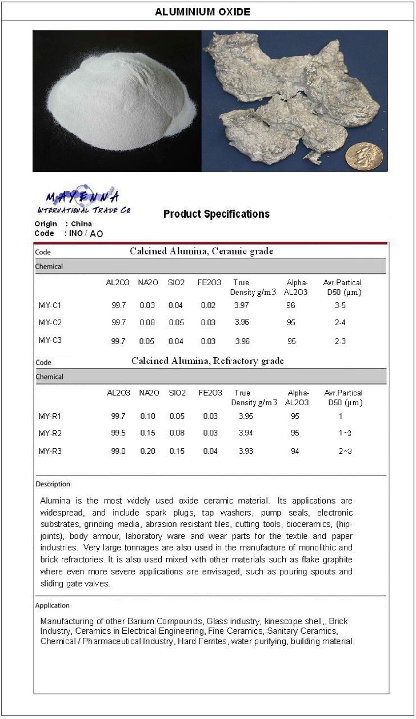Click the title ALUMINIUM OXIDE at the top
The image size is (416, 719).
pos(202,11)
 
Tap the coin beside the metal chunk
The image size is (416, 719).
pos(364,155)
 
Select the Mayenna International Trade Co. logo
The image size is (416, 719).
pos(83,200)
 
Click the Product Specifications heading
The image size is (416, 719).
pos(216,214)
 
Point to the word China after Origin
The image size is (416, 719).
pos(81,224)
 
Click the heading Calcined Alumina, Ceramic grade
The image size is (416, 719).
pos(201,251)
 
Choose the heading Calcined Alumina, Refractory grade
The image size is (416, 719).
pos(207,361)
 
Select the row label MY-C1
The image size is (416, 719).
pos(50,306)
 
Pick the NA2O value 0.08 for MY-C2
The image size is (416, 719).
pos(147,323)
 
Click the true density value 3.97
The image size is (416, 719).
pos(242,306)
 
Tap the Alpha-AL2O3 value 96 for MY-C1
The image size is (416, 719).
pos(291,306)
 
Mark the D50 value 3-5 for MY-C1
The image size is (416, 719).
pos(340,306)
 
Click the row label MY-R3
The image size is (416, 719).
pos(50,452)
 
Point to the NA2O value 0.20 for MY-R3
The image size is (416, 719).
pos(147,452)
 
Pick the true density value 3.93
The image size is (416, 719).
pos(246,452)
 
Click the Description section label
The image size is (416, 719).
pos(53,484)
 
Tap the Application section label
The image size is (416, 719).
pos(53,605)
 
